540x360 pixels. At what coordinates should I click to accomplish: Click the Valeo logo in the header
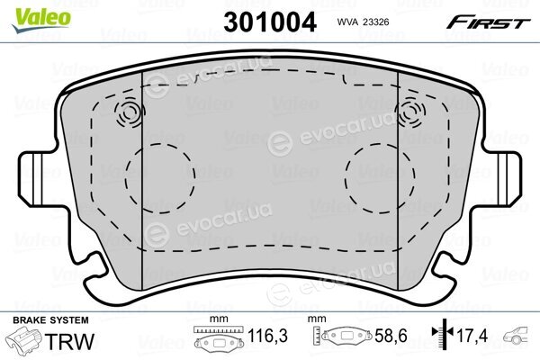pos(41,20)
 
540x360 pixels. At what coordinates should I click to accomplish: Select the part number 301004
pos(270,22)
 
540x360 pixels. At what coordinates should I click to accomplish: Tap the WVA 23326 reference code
pos(363,22)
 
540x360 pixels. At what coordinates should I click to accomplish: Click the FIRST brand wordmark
pos(488,22)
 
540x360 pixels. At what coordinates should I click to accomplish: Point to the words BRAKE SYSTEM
pos(50,320)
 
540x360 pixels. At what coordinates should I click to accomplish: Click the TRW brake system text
pos(69,341)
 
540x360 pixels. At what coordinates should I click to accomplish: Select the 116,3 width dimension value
pos(267,336)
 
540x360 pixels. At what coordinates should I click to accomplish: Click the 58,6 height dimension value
pos(391,336)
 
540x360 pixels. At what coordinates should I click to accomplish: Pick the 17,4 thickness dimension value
pos(472,336)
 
